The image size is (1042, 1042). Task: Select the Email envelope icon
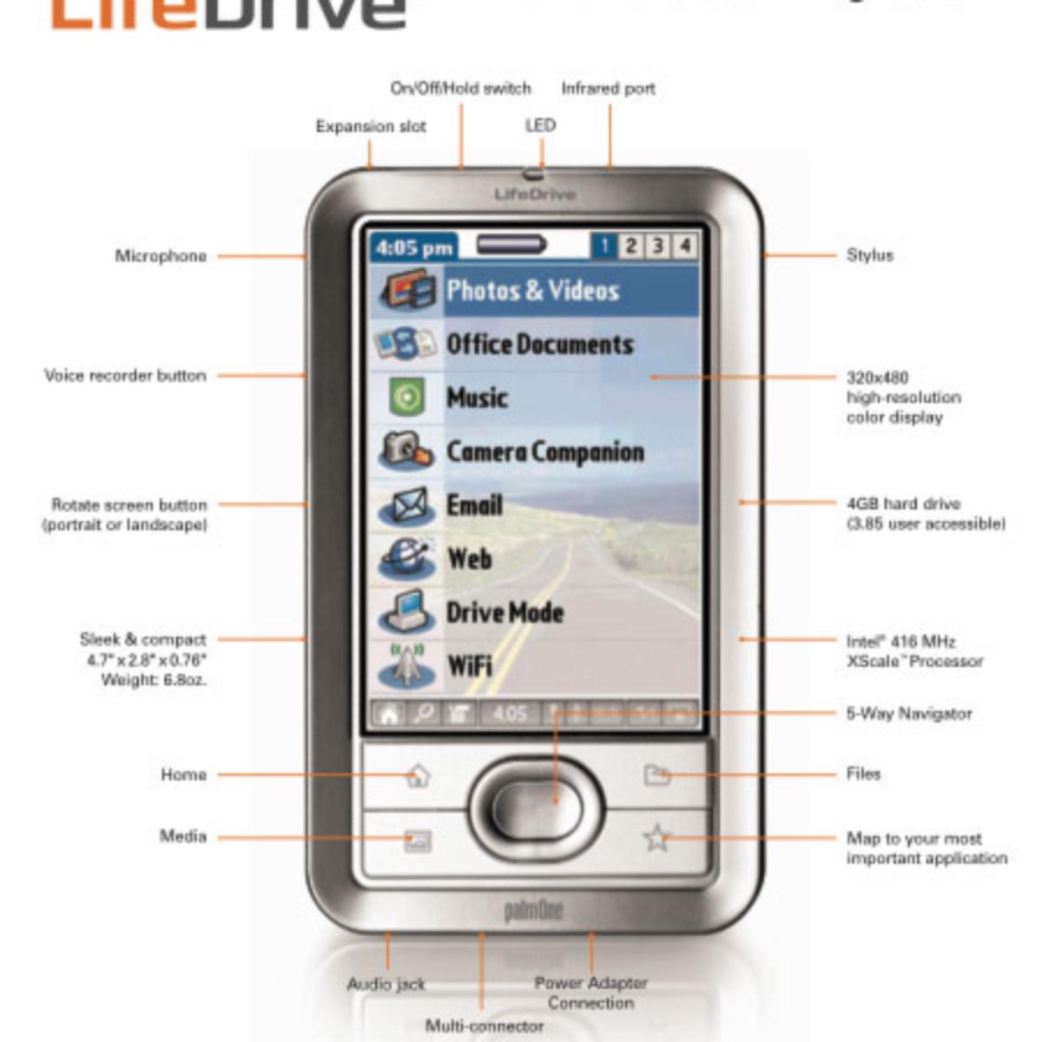(406, 506)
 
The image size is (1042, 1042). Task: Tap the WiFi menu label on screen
(470, 667)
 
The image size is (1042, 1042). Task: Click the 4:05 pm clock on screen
(414, 248)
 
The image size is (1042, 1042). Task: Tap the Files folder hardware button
(657, 775)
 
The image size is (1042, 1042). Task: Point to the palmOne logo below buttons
(533, 911)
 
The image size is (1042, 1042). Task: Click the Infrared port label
(608, 89)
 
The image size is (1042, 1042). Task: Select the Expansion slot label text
(371, 127)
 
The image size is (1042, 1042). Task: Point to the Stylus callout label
(869, 255)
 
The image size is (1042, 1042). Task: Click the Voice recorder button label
(126, 376)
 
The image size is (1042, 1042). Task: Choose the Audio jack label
(386, 985)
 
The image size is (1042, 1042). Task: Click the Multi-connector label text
(485, 1026)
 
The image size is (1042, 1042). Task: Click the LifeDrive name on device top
(535, 195)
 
